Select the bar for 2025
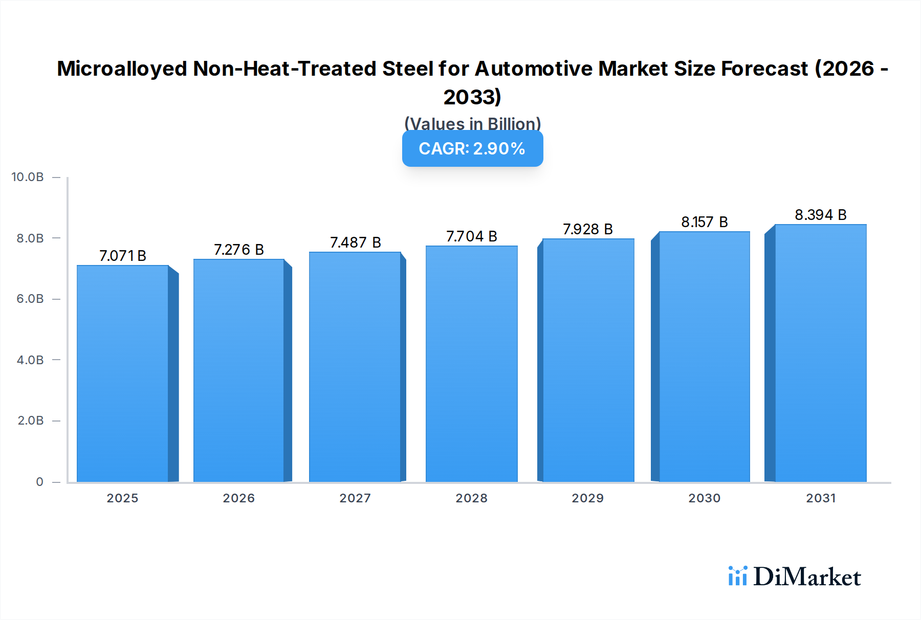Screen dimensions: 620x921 [123, 373]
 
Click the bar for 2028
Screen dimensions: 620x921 [471, 364]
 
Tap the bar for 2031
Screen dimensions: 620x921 [820, 353]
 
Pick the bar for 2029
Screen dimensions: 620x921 [588, 360]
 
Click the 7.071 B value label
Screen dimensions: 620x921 [123, 256]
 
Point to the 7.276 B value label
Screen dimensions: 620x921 [238, 250]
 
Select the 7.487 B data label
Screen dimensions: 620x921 [355, 242]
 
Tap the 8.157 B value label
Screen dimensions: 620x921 [704, 222]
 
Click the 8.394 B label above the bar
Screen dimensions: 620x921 [820, 215]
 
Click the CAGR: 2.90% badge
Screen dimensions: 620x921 [472, 148]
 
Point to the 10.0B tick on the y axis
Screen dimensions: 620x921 [28, 177]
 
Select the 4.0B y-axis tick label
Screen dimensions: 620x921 [30, 360]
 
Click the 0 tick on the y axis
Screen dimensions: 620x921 [39, 482]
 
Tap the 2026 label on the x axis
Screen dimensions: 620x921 [238, 498]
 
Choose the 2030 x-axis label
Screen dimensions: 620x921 [704, 498]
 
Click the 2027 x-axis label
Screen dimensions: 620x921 [355, 498]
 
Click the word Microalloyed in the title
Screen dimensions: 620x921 [122, 69]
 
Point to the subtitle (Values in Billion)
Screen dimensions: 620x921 [472, 124]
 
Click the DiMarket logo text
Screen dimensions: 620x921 [807, 577]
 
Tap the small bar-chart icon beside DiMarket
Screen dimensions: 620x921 [737, 576]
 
